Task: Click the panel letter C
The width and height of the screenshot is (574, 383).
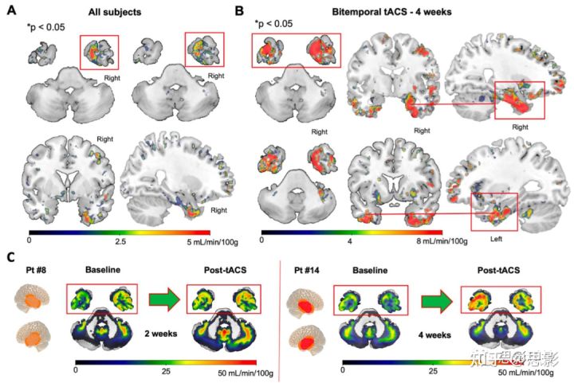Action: [10, 256]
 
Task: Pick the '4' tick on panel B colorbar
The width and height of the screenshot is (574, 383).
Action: [350, 239]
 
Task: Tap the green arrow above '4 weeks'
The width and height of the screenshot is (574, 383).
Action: [435, 300]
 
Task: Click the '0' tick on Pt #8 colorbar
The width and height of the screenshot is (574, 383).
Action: [74, 371]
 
